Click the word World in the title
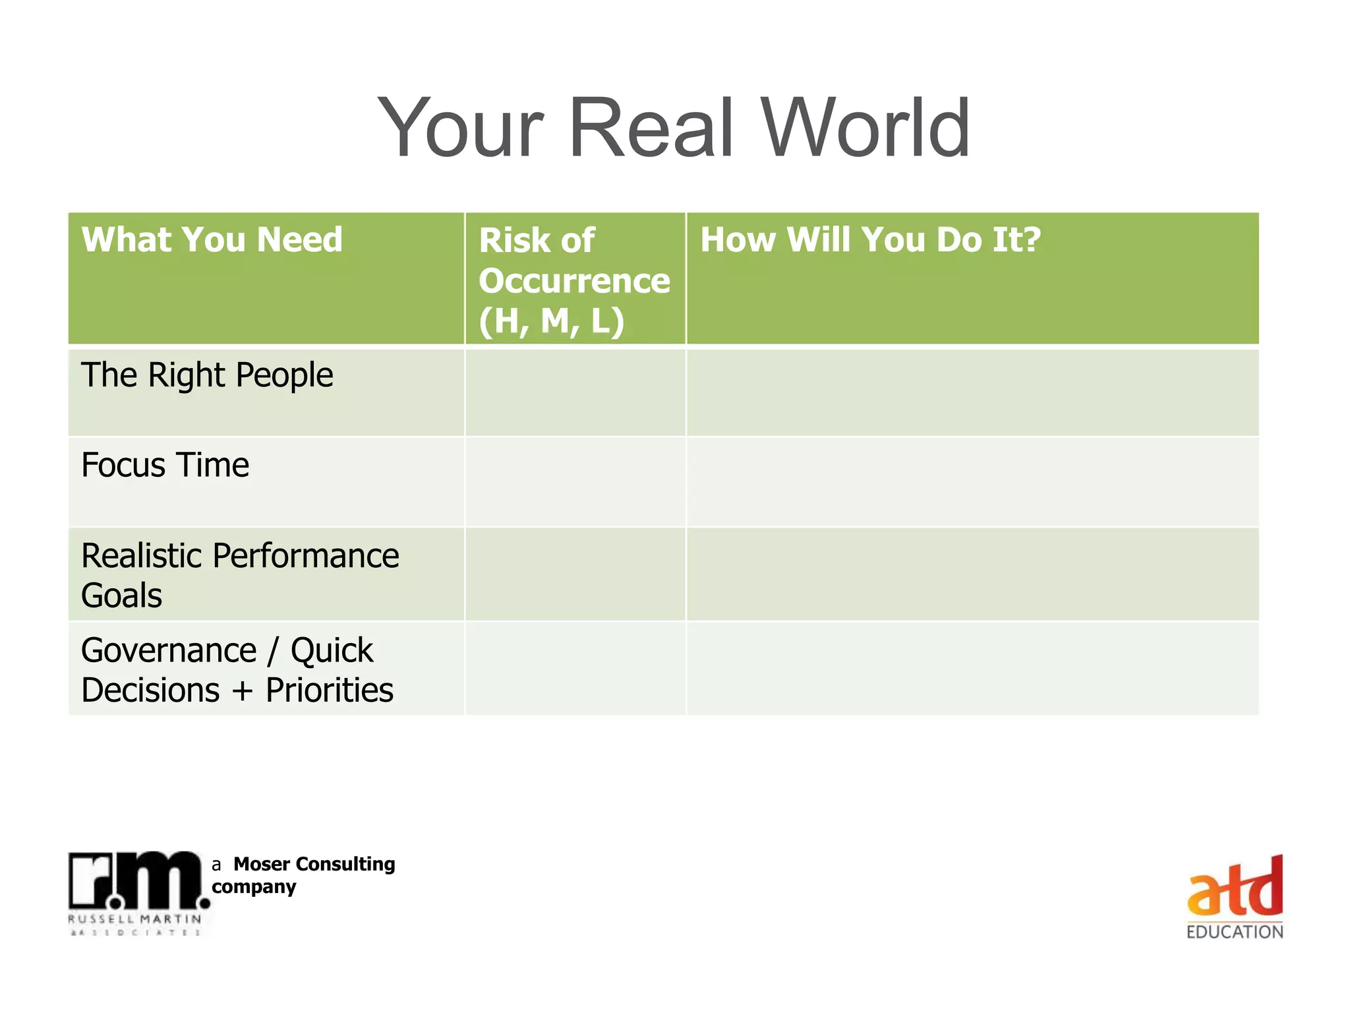[866, 128]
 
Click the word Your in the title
[461, 128]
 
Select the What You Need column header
[212, 239]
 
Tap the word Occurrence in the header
[574, 281]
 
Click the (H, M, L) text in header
[551, 321]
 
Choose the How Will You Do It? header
[870, 239]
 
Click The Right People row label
[207, 375]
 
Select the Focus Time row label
[165, 465]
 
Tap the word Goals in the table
[121, 596]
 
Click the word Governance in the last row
[169, 650]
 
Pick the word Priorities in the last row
[330, 691]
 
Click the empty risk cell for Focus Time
[575, 481]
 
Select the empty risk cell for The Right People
[575, 392]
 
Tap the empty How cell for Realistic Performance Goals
[972, 574]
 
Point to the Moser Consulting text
[314, 864]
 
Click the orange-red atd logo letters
[1235, 887]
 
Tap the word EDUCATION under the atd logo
[1235, 932]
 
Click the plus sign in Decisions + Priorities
[243, 691]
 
